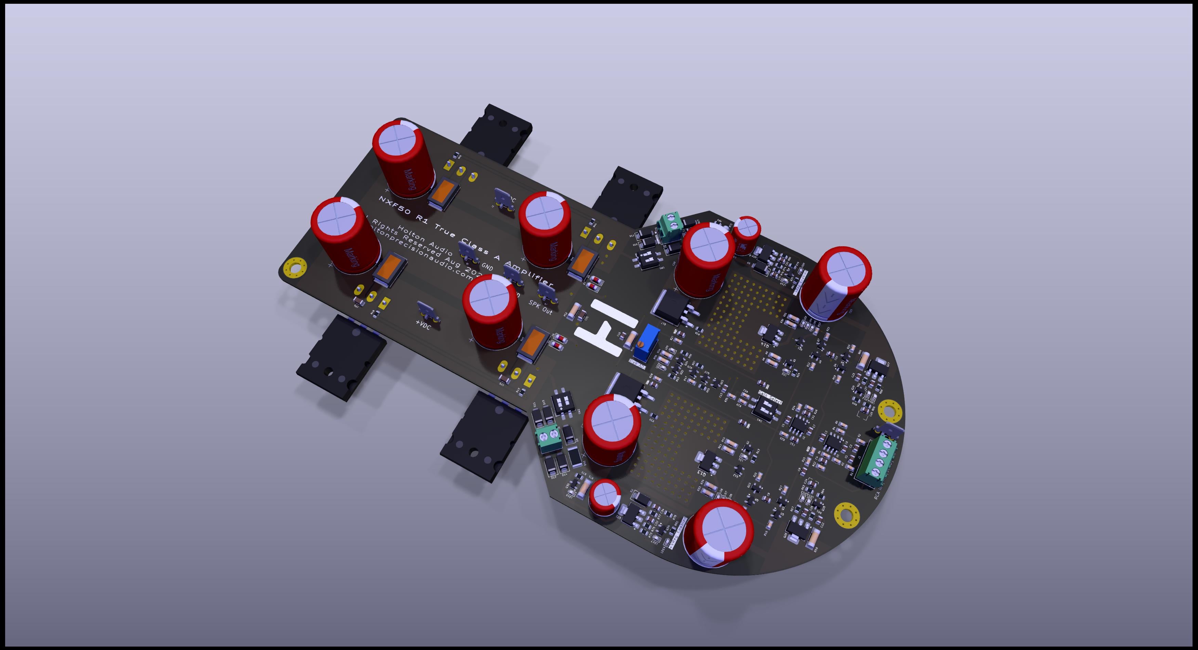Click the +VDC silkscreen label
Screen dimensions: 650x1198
(x=423, y=324)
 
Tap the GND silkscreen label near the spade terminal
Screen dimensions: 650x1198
(x=487, y=267)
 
